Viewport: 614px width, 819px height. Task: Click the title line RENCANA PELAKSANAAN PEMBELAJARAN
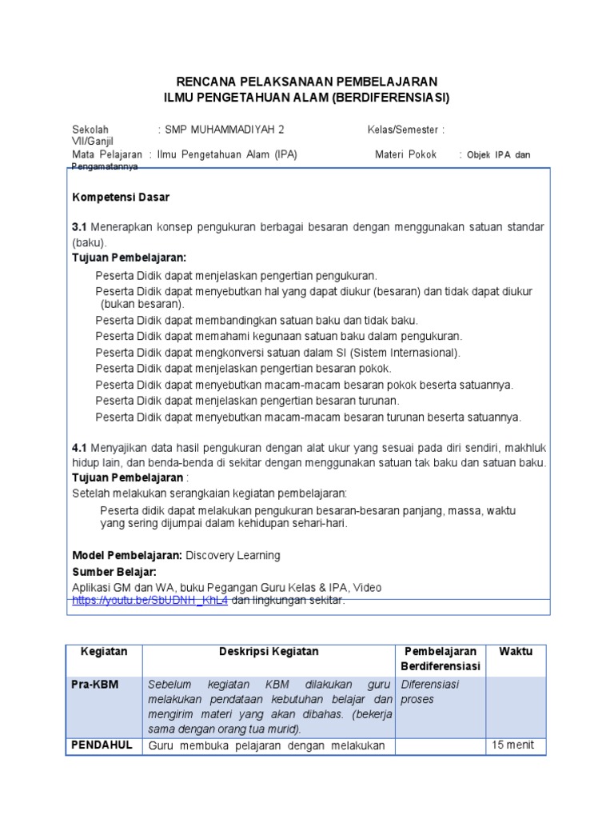point(306,82)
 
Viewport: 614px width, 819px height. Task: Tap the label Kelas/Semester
point(403,129)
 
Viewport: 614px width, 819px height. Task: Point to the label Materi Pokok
point(405,154)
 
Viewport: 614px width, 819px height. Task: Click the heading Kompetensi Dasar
point(121,197)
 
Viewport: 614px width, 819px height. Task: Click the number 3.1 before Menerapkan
point(79,228)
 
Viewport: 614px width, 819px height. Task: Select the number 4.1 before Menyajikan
point(79,448)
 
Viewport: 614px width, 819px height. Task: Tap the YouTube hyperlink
point(150,600)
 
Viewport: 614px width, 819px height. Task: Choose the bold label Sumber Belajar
point(114,572)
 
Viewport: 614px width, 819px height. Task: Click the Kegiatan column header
point(104,652)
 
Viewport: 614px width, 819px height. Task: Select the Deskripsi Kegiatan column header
point(269,652)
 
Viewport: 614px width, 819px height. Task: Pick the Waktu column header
point(516,652)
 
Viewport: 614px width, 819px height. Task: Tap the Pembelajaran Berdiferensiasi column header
point(441,659)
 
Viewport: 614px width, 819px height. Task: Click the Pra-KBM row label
point(99,685)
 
